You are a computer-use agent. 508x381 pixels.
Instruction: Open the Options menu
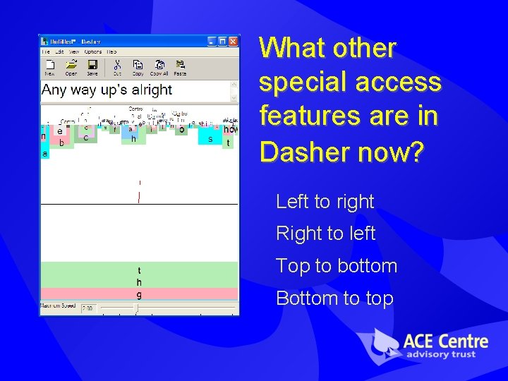[93, 52]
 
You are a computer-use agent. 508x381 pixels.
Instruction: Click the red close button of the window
[233, 42]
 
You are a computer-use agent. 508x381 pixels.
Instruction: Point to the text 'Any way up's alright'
[107, 90]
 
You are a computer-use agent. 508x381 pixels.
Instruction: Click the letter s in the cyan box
[210, 139]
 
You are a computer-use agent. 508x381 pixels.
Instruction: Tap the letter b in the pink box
[62, 143]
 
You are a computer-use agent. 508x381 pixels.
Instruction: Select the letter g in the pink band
[139, 294]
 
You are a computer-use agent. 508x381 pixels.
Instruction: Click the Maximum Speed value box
[88, 308]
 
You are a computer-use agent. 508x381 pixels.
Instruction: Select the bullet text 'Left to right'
[325, 202]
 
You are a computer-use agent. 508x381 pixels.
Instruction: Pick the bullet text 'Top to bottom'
[337, 266]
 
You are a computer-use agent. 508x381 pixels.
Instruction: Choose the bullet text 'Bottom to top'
[334, 298]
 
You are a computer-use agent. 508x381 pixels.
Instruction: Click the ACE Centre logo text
[445, 343]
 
